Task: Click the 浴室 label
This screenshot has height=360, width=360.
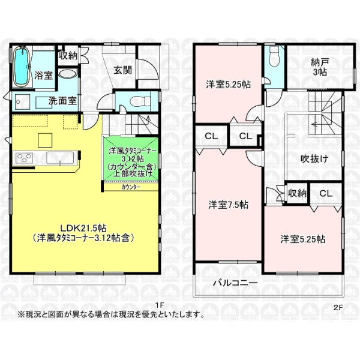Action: pos(43,76)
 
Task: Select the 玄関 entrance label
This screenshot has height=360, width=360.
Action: pos(122,70)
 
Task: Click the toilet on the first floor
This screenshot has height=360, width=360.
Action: pos(133,101)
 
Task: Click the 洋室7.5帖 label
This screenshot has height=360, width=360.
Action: pos(229,204)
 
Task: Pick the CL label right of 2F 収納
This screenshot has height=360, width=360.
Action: pos(325,193)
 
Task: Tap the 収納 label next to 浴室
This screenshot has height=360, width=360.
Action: pos(68,55)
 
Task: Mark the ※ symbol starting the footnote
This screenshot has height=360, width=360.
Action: pos(21,314)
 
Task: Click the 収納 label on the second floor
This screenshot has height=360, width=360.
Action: pos(297,193)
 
